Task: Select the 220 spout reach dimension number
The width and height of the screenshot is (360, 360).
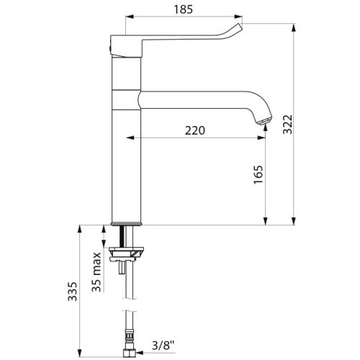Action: (195, 130)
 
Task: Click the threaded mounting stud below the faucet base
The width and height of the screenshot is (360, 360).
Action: (127, 236)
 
